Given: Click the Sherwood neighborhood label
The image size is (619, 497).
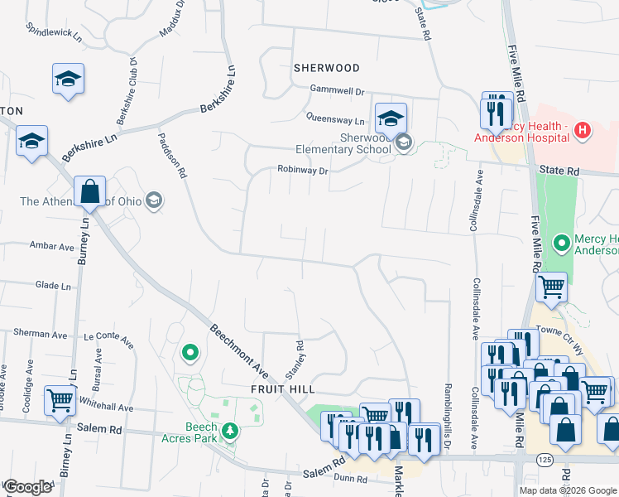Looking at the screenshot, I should tap(326, 67).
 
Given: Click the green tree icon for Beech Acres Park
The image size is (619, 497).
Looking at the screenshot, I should tap(230, 430).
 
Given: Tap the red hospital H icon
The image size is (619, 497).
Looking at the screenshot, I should tap(583, 130).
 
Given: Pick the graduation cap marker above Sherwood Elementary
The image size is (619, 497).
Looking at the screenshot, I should tap(391, 118).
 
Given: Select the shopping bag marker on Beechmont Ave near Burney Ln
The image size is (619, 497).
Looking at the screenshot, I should tap(89, 192).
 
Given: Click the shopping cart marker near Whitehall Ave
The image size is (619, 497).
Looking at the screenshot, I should tap(60, 401).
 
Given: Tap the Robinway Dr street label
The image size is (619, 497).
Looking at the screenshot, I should tap(303, 171).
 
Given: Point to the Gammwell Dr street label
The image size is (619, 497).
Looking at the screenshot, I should tap(337, 89).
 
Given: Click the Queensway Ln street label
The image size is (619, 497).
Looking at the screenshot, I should tap(335, 119).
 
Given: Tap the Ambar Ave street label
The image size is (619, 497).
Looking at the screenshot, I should tap(52, 246).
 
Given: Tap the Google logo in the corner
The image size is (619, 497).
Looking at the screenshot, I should tap(27, 487).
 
